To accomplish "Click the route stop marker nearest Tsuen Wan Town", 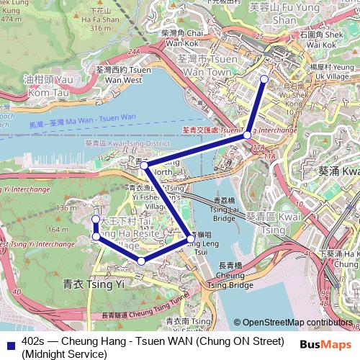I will point(264,78).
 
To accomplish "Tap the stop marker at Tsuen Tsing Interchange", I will point(247,135).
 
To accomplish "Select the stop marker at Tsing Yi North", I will point(145,166).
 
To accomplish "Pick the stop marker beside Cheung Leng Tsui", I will point(190,238).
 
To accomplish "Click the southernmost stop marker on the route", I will point(142,261).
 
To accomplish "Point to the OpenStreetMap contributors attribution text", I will point(296,323).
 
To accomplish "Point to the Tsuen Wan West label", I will point(122,76).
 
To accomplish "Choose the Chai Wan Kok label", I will point(181,38).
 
